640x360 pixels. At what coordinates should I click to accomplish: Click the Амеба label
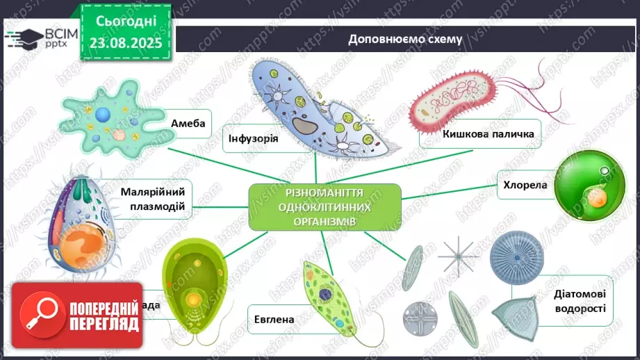click(x=188, y=124)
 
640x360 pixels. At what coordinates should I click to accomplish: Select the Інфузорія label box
click(x=252, y=138)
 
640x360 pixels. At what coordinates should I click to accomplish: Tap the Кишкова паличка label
click(x=480, y=133)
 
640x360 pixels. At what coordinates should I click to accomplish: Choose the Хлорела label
click(x=525, y=185)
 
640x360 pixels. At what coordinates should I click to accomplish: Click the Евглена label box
click(x=274, y=320)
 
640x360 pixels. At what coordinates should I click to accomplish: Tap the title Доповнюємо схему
click(x=405, y=39)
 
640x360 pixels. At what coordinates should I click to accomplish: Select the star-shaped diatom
click(x=457, y=255)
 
